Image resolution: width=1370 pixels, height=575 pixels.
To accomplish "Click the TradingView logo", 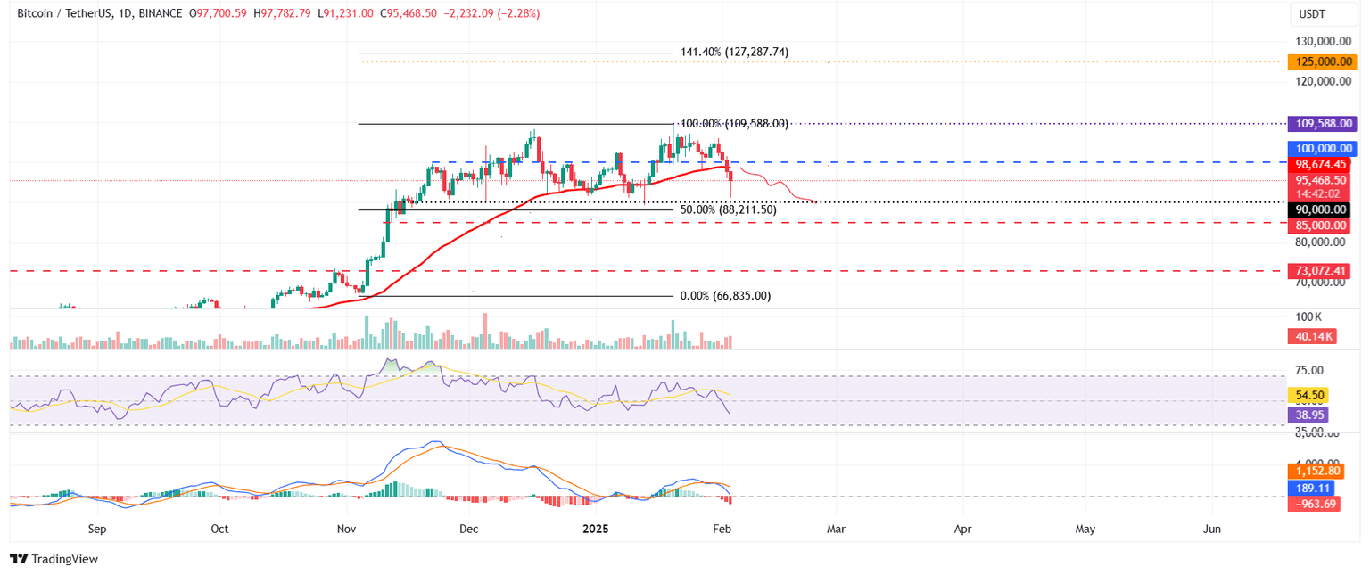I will (54, 559).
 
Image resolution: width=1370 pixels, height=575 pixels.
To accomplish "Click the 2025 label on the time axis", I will (595, 529).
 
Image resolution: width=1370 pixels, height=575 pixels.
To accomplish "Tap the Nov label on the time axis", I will (346, 529).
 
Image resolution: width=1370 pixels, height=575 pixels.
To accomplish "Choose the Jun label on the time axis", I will (1211, 529).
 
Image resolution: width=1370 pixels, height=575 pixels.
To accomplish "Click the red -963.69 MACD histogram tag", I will (1313, 505).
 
